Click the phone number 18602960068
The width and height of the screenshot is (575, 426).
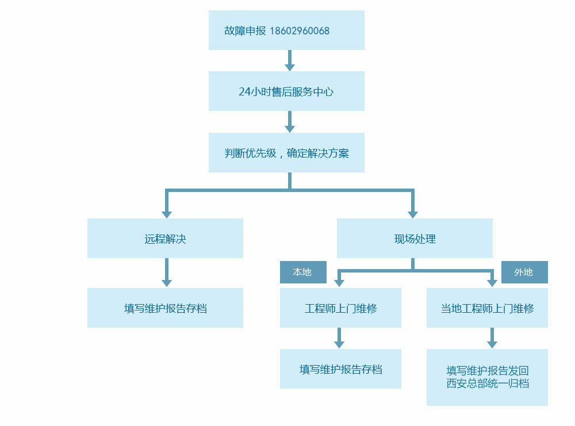tap(299, 31)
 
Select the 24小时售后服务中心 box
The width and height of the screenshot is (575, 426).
tap(286, 91)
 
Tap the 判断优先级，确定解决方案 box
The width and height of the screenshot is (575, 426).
tap(286, 153)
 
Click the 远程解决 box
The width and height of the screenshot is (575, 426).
tap(165, 239)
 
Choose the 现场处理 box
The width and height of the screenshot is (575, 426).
tap(415, 239)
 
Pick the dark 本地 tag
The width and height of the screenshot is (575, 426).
tap(302, 273)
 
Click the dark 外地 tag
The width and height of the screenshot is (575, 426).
tap(524, 273)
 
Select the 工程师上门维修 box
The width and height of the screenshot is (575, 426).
tap(340, 308)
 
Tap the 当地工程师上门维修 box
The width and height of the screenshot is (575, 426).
tap(487, 308)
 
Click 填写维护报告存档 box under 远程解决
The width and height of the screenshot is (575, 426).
tap(165, 308)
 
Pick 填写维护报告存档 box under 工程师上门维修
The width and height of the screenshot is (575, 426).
tap(340, 369)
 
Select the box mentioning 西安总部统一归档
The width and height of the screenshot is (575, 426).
tap(487, 377)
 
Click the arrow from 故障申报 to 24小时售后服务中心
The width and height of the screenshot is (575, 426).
tap(289, 61)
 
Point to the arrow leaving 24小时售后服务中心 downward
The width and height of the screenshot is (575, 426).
tap(289, 122)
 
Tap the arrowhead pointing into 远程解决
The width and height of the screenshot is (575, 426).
tap(167, 214)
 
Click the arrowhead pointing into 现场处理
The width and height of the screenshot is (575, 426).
tap(412, 214)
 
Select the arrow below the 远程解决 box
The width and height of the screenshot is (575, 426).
tap(167, 273)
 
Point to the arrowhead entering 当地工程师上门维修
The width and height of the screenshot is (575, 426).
tap(492, 282)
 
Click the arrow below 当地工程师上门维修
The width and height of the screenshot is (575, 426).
tap(492, 339)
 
